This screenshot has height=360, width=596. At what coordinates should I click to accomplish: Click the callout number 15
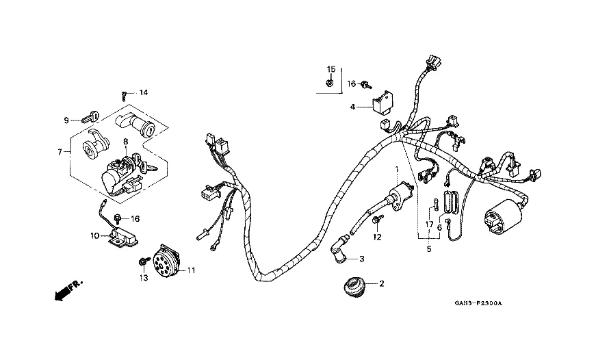tap(331, 70)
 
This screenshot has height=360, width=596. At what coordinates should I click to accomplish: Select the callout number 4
tap(353, 107)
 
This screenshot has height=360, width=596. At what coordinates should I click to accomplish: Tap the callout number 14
tap(144, 92)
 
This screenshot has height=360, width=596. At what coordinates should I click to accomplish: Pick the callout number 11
tap(191, 270)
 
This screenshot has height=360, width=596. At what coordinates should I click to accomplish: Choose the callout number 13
tap(144, 278)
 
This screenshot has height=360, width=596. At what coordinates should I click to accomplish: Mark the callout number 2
tap(382, 283)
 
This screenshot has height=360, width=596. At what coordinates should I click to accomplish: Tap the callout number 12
tap(376, 237)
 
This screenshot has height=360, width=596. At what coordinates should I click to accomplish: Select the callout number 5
tap(430, 249)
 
